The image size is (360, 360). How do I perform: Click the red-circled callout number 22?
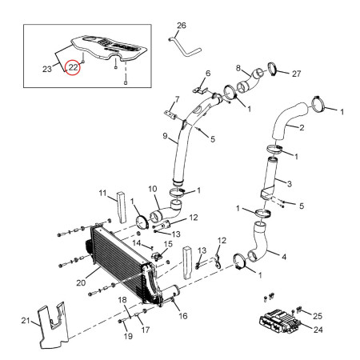pos(74,70)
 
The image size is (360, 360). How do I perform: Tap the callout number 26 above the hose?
pos(180,26)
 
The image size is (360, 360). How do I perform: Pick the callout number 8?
pos(238,67)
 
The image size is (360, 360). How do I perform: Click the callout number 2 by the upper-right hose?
pos(302,127)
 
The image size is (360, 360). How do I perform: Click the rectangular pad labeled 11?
pos(119,207)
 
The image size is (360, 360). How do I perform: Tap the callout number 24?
pos(318,328)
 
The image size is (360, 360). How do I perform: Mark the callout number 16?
pos(182,316)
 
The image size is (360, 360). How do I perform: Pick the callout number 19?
pos(127,337)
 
